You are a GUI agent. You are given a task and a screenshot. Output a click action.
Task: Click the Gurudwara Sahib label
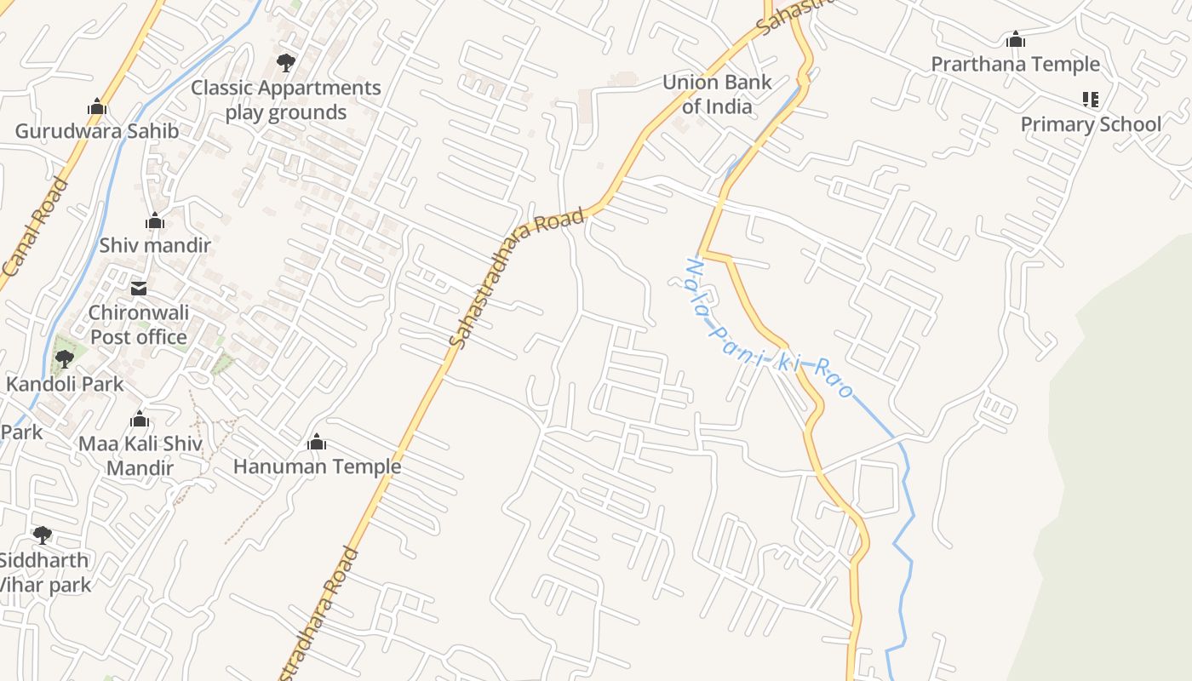pos(97,131)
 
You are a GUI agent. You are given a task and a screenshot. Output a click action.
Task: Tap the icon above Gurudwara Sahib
pos(97,107)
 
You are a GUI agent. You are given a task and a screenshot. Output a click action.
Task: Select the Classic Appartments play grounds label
pos(286,100)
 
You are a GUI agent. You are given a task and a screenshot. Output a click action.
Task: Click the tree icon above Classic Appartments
pos(286,62)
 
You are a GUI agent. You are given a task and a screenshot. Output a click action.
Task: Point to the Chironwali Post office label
pos(139,324)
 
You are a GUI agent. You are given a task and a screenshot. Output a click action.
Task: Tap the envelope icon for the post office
pos(139,289)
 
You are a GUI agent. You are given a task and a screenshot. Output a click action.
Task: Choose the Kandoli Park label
pos(65,384)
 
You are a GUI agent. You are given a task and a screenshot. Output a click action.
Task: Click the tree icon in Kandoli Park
pos(64,358)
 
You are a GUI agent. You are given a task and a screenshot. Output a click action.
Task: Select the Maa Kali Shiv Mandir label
pos(140,455)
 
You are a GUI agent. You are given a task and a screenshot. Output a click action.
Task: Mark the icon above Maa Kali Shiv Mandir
pos(140,420)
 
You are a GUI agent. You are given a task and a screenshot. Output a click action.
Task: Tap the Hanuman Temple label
pos(317,466)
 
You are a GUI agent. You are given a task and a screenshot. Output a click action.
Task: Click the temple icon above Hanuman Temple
pos(317,442)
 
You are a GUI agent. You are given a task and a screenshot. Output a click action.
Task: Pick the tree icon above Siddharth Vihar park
pos(42,535)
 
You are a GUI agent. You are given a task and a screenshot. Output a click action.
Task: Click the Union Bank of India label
pos(717,94)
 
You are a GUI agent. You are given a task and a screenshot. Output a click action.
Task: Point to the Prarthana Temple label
pos(1015,65)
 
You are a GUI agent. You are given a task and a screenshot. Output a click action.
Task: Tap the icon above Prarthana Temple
pos(1015,39)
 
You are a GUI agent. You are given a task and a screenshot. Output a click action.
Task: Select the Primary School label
pos(1091,124)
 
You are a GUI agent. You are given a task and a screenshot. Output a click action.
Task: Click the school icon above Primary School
pos(1091,100)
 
